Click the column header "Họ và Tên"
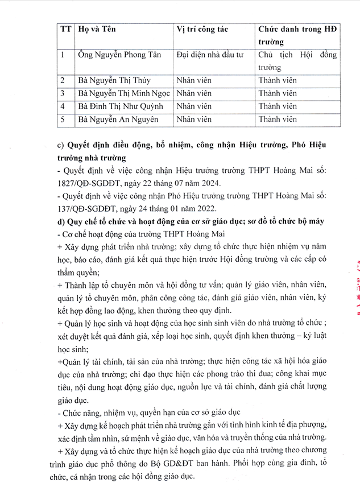pyautogui.click(x=97, y=29)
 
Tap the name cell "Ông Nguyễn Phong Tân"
pyautogui.click(x=119, y=55)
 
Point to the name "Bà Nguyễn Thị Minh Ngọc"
pyautogui.click(x=125, y=93)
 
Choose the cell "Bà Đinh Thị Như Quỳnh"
pyautogui.click(x=121, y=106)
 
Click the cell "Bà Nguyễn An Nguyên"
pyautogui.click(x=118, y=119)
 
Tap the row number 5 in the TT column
pyautogui.click(x=63, y=119)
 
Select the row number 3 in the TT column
pyautogui.click(x=63, y=93)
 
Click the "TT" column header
pyautogui.click(x=65, y=29)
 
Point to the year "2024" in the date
pyautogui.click(x=217, y=183)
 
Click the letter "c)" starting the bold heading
pyautogui.click(x=61, y=145)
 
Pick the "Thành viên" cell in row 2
pyautogui.click(x=278, y=80)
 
